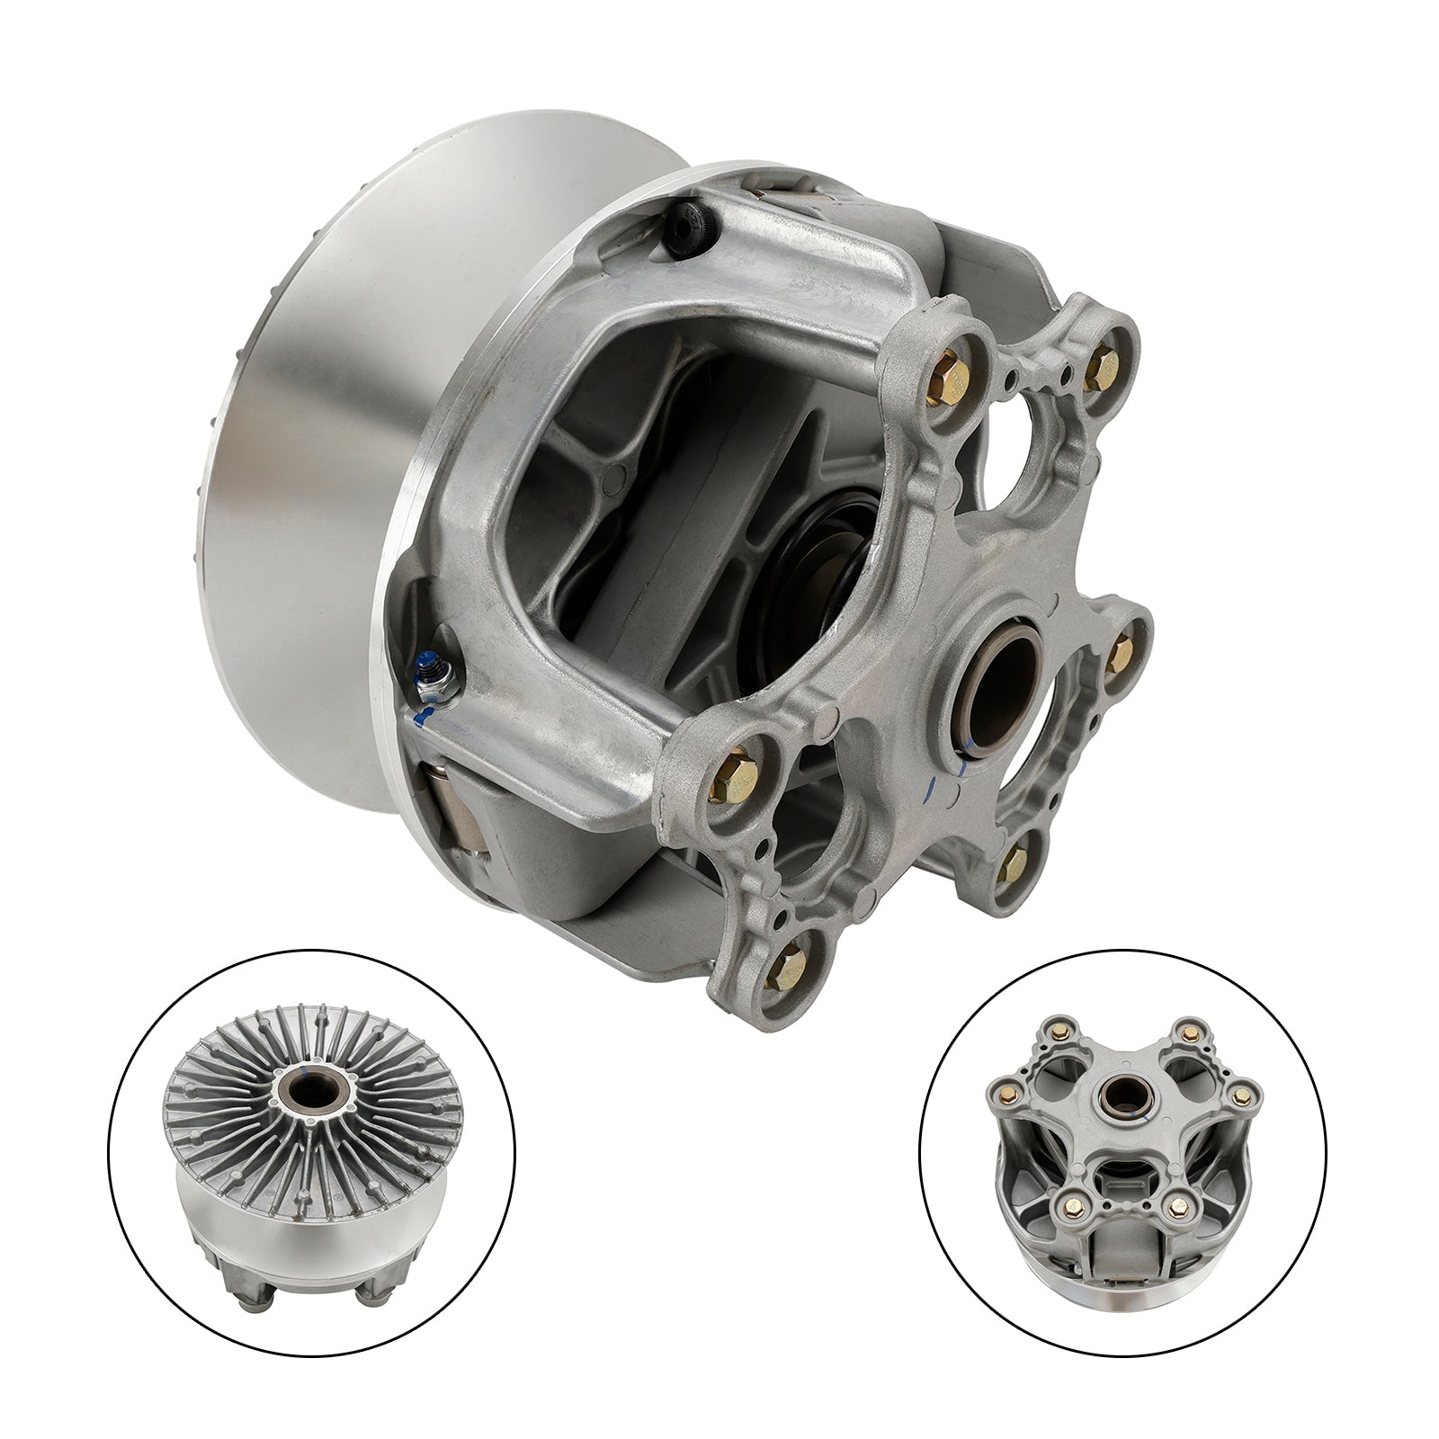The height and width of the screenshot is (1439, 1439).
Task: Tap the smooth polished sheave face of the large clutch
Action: coord(306,540)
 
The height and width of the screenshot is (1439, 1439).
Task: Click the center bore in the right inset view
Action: coord(1122,1092)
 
